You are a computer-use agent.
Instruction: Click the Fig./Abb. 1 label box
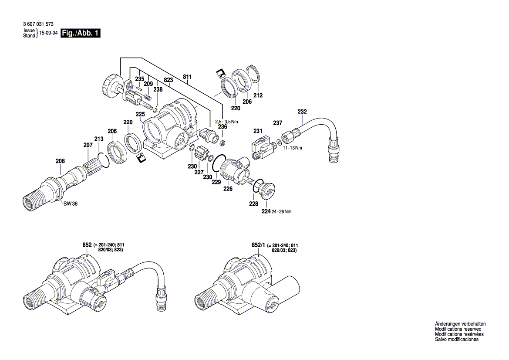81,34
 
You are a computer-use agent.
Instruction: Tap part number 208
60,161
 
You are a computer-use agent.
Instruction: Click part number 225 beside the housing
140,114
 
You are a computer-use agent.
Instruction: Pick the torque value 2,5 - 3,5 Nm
226,121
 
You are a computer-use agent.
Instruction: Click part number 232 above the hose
303,112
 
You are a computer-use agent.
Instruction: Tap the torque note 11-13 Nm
293,148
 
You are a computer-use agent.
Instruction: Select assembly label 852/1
258,246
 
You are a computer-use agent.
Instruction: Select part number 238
158,89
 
